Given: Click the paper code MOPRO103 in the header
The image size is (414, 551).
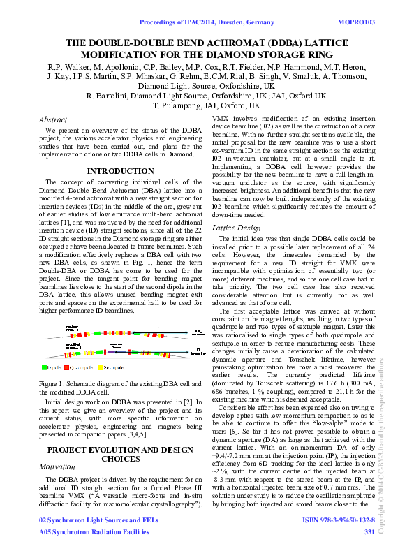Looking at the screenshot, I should (356, 23).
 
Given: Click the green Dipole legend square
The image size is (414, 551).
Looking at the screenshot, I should (45, 366).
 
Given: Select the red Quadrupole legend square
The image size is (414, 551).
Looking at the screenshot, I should (67, 366).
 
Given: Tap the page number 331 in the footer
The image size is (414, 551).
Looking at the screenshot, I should (369, 532).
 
